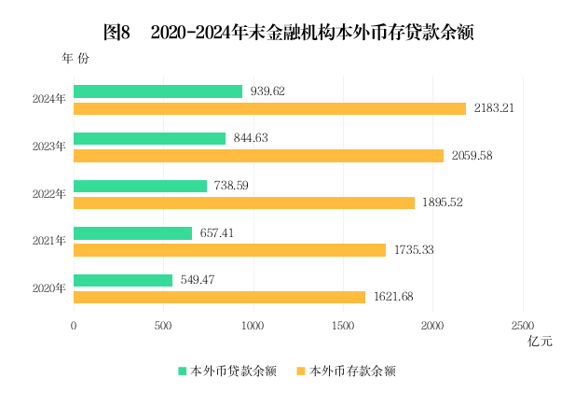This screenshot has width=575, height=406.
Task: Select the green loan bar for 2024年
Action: click(x=157, y=91)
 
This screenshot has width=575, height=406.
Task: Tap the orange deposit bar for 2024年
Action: click(x=269, y=108)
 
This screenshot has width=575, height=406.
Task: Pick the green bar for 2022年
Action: click(x=140, y=186)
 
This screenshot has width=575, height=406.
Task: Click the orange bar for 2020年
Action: click(x=219, y=297)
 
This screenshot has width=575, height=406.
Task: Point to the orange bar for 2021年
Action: click(x=229, y=249)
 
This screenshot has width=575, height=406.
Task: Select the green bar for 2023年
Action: click(x=149, y=138)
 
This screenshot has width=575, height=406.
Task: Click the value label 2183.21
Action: click(x=494, y=108)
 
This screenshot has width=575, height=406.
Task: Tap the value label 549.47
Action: click(x=200, y=280)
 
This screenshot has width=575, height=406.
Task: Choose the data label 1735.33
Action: click(x=414, y=249)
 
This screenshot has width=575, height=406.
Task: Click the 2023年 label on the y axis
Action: click(x=48, y=147)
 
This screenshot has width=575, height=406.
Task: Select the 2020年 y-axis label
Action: click(x=48, y=287)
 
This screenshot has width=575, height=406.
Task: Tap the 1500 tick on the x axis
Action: click(x=343, y=325)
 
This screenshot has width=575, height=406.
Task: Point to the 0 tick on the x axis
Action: click(x=74, y=325)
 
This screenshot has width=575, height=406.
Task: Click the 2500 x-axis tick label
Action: click(x=522, y=325)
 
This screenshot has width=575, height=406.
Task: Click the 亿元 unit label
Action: click(x=540, y=342)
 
